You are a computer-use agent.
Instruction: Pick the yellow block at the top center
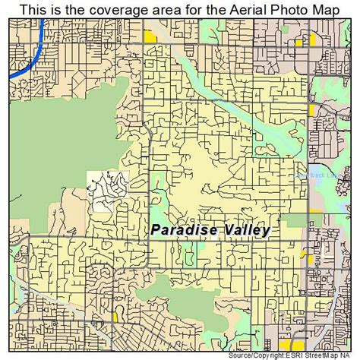point(150,36)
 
